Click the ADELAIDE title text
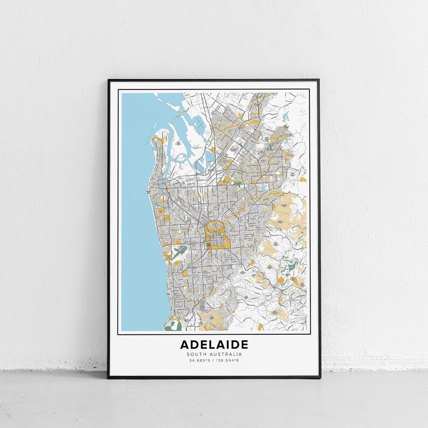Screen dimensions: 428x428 (214, 344)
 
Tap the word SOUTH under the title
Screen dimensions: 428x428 (197, 354)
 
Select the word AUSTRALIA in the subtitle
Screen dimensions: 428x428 (225, 354)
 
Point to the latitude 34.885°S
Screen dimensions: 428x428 (199, 360)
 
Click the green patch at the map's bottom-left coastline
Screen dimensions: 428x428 (172, 326)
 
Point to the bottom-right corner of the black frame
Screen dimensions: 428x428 (319, 377)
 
